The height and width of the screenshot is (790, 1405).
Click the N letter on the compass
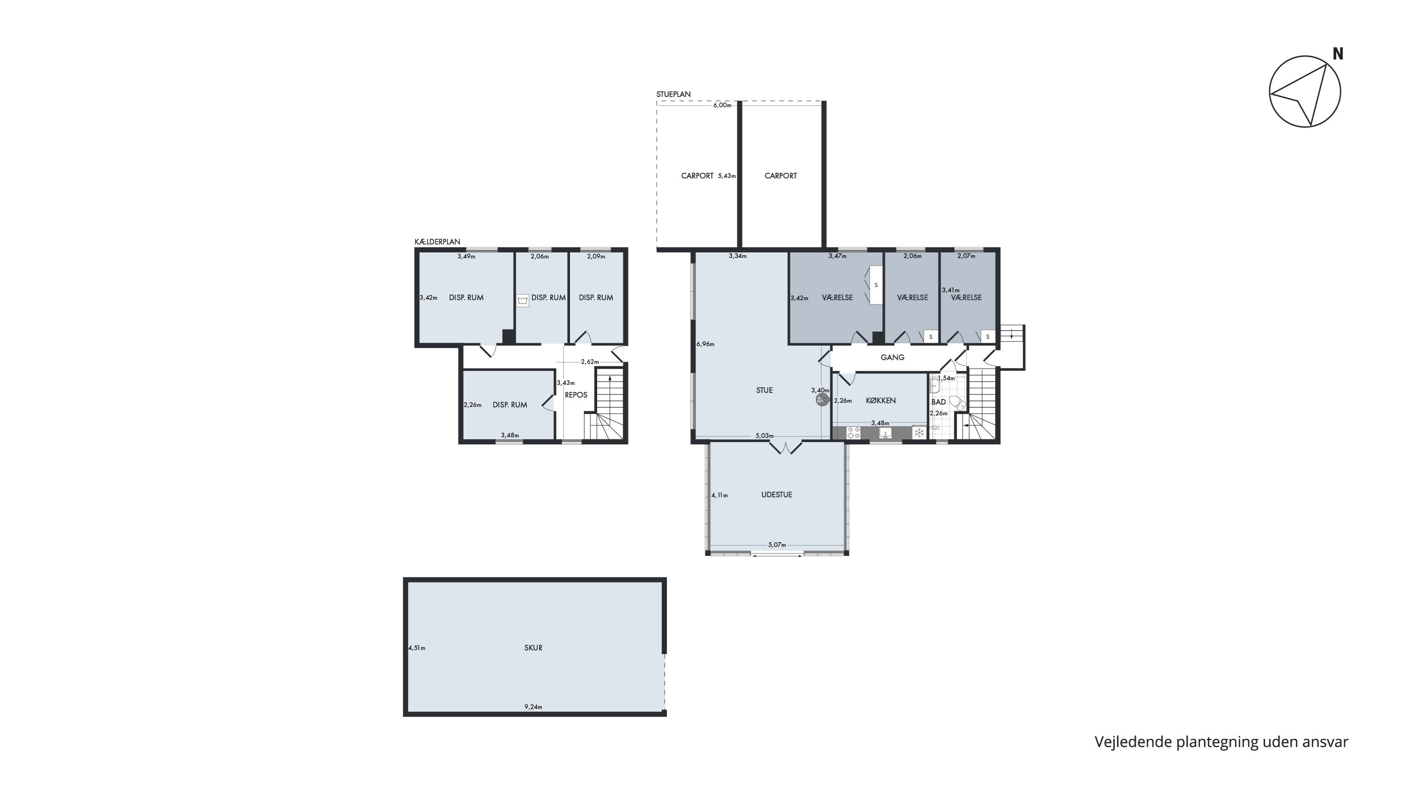(1338, 53)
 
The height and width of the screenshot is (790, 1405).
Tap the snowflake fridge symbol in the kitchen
(919, 433)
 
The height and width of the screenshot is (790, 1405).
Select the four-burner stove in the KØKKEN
(853, 433)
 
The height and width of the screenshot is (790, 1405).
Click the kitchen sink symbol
(886, 433)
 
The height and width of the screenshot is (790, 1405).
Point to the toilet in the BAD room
(957, 403)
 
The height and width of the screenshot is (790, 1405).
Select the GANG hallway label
(892, 358)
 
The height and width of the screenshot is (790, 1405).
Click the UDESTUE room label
(776, 495)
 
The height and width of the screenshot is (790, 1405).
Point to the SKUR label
(533, 648)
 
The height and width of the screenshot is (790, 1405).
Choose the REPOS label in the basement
(576, 395)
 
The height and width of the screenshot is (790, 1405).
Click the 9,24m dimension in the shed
(533, 707)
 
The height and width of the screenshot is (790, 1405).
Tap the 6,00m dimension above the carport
(722, 105)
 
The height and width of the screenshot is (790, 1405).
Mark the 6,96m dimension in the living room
(705, 344)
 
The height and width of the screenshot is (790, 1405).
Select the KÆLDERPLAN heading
(437, 242)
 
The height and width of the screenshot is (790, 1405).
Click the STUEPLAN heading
(673, 94)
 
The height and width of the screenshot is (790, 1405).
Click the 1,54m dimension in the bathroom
(947, 378)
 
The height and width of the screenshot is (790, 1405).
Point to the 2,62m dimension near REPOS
(590, 362)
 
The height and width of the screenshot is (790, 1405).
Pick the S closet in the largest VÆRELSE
(876, 285)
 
